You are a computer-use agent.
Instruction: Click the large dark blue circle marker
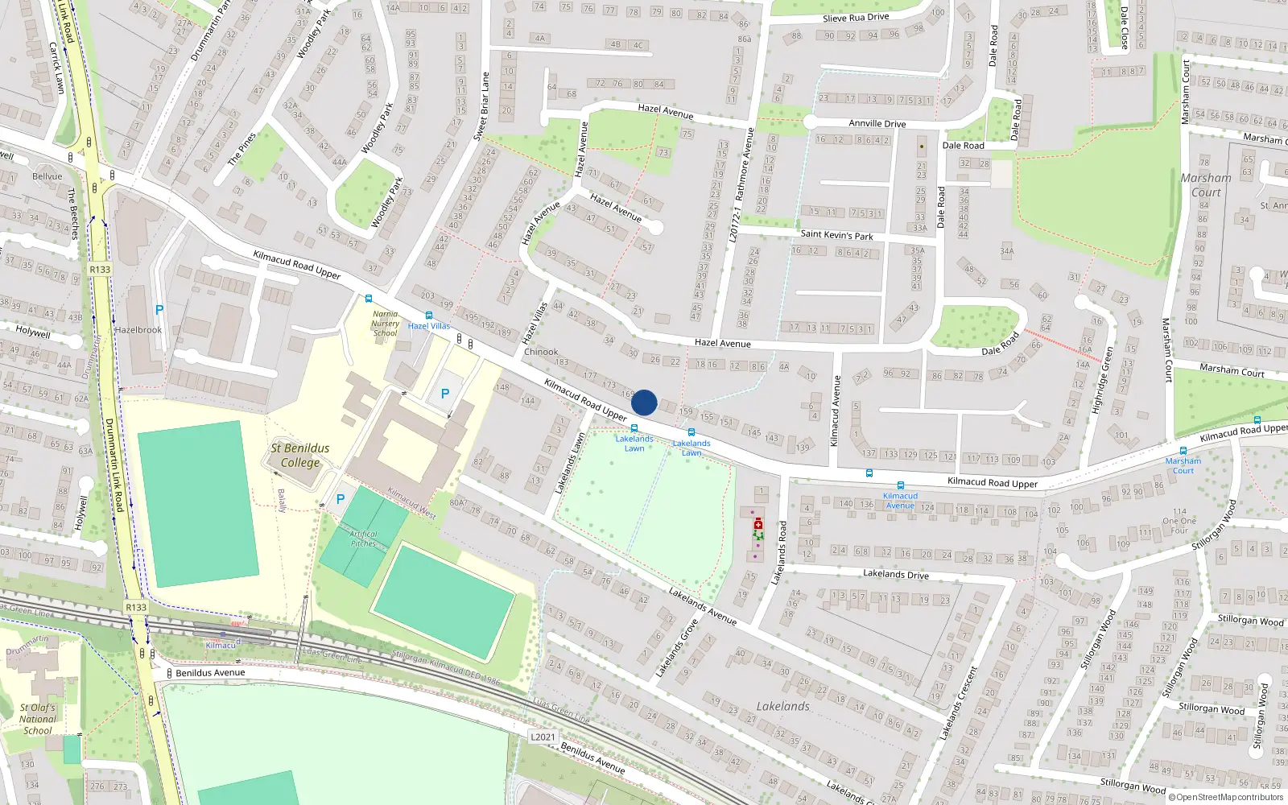[644, 402]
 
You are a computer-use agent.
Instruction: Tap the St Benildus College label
[299, 456]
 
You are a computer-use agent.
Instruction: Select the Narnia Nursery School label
[385, 324]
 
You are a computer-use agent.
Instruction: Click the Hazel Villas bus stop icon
[428, 316]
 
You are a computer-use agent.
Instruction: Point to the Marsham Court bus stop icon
[1183, 451]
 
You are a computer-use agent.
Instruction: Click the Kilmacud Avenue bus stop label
[900, 501]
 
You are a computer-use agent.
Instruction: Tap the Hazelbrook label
[138, 330]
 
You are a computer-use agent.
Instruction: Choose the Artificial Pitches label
[363, 539]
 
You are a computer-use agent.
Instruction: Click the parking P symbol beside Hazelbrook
[159, 310]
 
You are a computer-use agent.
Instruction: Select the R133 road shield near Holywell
[100, 270]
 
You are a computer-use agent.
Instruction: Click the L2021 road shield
[543, 737]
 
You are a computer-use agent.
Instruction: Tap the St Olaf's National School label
[38, 720]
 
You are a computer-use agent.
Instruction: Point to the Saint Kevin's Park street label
[836, 235]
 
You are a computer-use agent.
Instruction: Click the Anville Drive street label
[877, 124]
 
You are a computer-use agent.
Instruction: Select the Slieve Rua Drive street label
[856, 18]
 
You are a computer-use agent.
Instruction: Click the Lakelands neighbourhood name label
[782, 706]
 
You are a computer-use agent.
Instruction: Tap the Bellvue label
[47, 176]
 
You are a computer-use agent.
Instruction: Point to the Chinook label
[541, 352]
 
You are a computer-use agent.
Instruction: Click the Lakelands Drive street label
[895, 574]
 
